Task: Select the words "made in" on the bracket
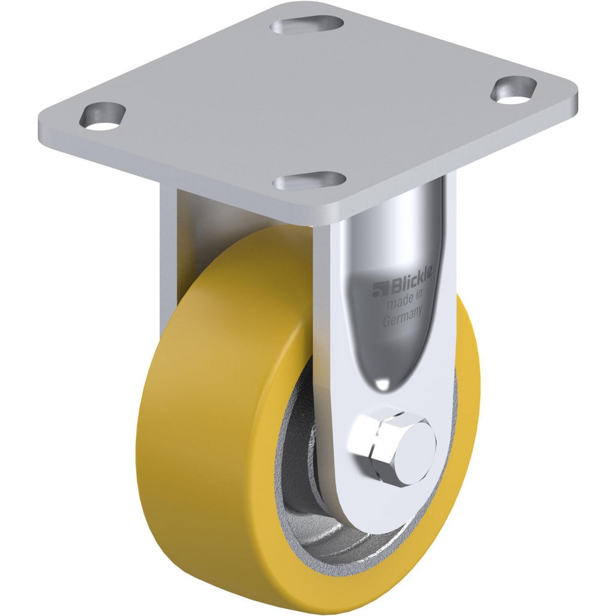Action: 405,302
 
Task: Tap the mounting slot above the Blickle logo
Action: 310,181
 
